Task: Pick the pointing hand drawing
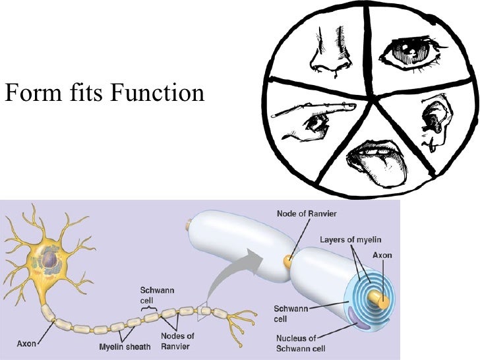[314, 119]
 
